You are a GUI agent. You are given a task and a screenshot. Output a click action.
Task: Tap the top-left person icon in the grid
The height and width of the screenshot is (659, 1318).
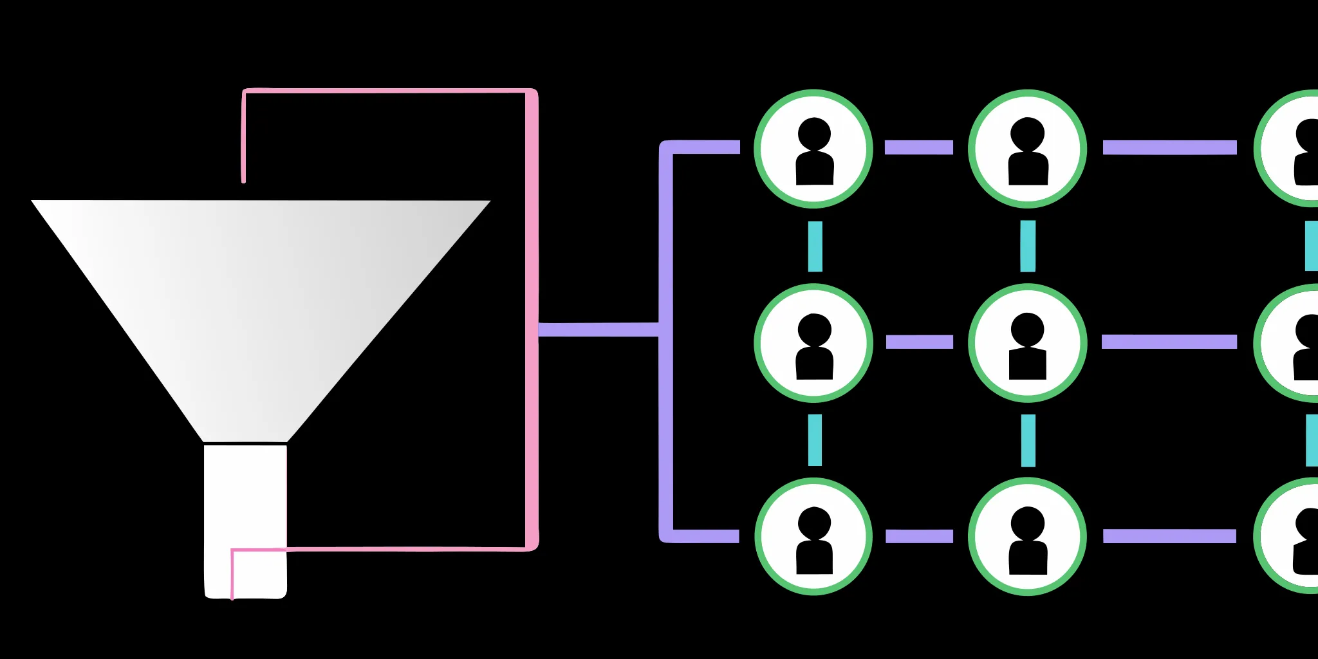coord(813,149)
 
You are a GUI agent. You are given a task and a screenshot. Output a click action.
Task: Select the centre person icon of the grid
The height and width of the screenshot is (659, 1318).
coord(1028,343)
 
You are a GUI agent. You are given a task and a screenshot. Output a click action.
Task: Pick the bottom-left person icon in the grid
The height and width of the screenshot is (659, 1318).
coord(813,537)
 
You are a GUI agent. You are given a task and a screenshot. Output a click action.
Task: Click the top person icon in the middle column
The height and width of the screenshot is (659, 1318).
coord(1028,149)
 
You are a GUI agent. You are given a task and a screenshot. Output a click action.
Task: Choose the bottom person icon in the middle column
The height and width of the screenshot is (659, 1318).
coord(1028,537)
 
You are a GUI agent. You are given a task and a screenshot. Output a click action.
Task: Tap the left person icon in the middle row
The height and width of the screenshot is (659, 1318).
coord(813,343)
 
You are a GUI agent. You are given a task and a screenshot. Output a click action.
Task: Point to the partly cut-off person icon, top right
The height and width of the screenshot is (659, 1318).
coord(1294,149)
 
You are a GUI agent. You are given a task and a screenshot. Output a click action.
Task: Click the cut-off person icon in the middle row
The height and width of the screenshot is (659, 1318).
coord(1294,343)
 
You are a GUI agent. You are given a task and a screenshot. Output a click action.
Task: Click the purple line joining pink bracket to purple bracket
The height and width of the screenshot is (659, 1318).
coord(599,329)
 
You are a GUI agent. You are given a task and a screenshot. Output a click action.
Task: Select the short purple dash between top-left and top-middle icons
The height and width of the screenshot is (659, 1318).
coord(919,147)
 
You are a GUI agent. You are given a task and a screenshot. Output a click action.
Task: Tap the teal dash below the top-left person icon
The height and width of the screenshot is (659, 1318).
coord(815,246)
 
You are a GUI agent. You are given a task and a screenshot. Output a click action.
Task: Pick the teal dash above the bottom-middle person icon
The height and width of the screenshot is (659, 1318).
coord(1028,440)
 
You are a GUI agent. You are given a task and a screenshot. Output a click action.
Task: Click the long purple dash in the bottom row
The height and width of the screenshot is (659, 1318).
coord(1169,536)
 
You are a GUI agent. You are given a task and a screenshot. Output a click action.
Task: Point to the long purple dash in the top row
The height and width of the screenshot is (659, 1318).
coord(1169,147)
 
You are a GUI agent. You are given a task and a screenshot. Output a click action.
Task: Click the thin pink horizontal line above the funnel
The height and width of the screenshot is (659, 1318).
coord(386,91)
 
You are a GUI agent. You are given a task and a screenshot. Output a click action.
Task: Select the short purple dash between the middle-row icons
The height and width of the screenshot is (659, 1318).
coord(920,342)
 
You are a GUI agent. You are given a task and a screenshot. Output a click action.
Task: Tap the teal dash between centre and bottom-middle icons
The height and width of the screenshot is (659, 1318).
coord(1028,440)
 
